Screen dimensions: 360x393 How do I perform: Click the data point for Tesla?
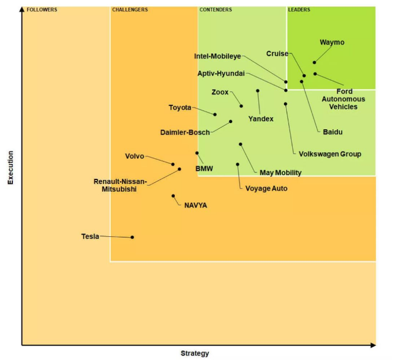click(132, 237)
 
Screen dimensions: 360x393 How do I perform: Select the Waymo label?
click(332, 42)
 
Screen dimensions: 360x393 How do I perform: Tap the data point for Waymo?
click(315, 62)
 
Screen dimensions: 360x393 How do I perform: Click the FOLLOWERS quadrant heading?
click(42, 9)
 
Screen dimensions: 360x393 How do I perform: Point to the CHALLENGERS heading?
click(130, 9)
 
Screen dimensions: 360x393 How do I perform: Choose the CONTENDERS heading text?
click(216, 9)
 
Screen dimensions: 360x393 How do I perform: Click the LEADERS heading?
click(299, 9)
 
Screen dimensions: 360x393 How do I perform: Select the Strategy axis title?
click(195, 353)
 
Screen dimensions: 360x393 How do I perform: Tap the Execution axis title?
click(10, 167)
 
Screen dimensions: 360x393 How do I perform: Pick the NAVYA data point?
click(173, 196)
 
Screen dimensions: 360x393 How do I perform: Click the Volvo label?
click(135, 156)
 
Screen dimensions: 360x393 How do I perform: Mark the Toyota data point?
click(215, 114)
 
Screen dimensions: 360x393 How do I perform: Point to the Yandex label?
click(261, 119)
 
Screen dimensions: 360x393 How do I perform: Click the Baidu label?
click(333, 132)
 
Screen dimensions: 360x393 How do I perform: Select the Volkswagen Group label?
click(330, 154)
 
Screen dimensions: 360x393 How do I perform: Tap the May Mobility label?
click(281, 173)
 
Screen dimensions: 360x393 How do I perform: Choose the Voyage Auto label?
click(267, 188)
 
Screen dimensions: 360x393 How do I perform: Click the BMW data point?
click(197, 153)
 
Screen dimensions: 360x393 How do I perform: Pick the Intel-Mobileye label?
click(218, 56)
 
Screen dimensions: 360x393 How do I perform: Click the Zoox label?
click(220, 92)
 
